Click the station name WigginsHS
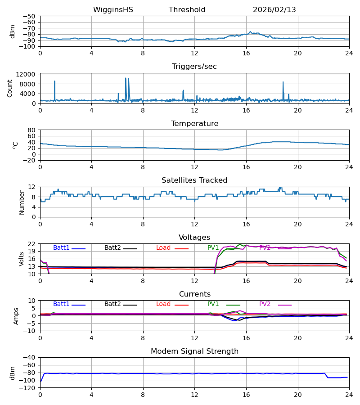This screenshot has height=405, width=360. coord(113,10)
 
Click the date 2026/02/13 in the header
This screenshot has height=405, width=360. coord(274,10)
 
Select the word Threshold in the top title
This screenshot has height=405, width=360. coord(187,10)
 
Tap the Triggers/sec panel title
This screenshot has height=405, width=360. coord(194,67)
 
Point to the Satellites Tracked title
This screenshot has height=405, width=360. coord(194,180)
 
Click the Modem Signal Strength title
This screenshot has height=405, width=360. coord(194,351)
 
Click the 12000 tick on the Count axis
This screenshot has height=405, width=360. coord(27,74)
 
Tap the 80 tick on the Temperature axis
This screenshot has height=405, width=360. coord(31,130)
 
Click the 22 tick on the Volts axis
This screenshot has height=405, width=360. coord(31,244)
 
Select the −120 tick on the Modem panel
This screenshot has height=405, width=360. coord(29,388)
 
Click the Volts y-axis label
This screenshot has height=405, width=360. coord(21,259)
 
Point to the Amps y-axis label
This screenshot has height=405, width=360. coord(16,316)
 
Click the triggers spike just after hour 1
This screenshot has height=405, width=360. coord(54,82)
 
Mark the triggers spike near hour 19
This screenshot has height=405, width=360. coord(283,83)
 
